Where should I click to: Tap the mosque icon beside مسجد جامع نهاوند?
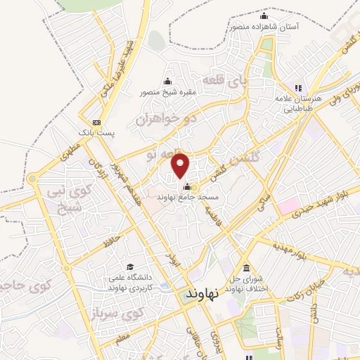[x=187, y=187]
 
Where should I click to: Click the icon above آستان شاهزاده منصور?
[x=264, y=16]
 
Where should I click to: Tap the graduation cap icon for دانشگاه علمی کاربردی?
[x=129, y=266]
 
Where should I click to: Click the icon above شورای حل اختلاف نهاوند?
[x=245, y=269]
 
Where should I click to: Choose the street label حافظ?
[x=113, y=243]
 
